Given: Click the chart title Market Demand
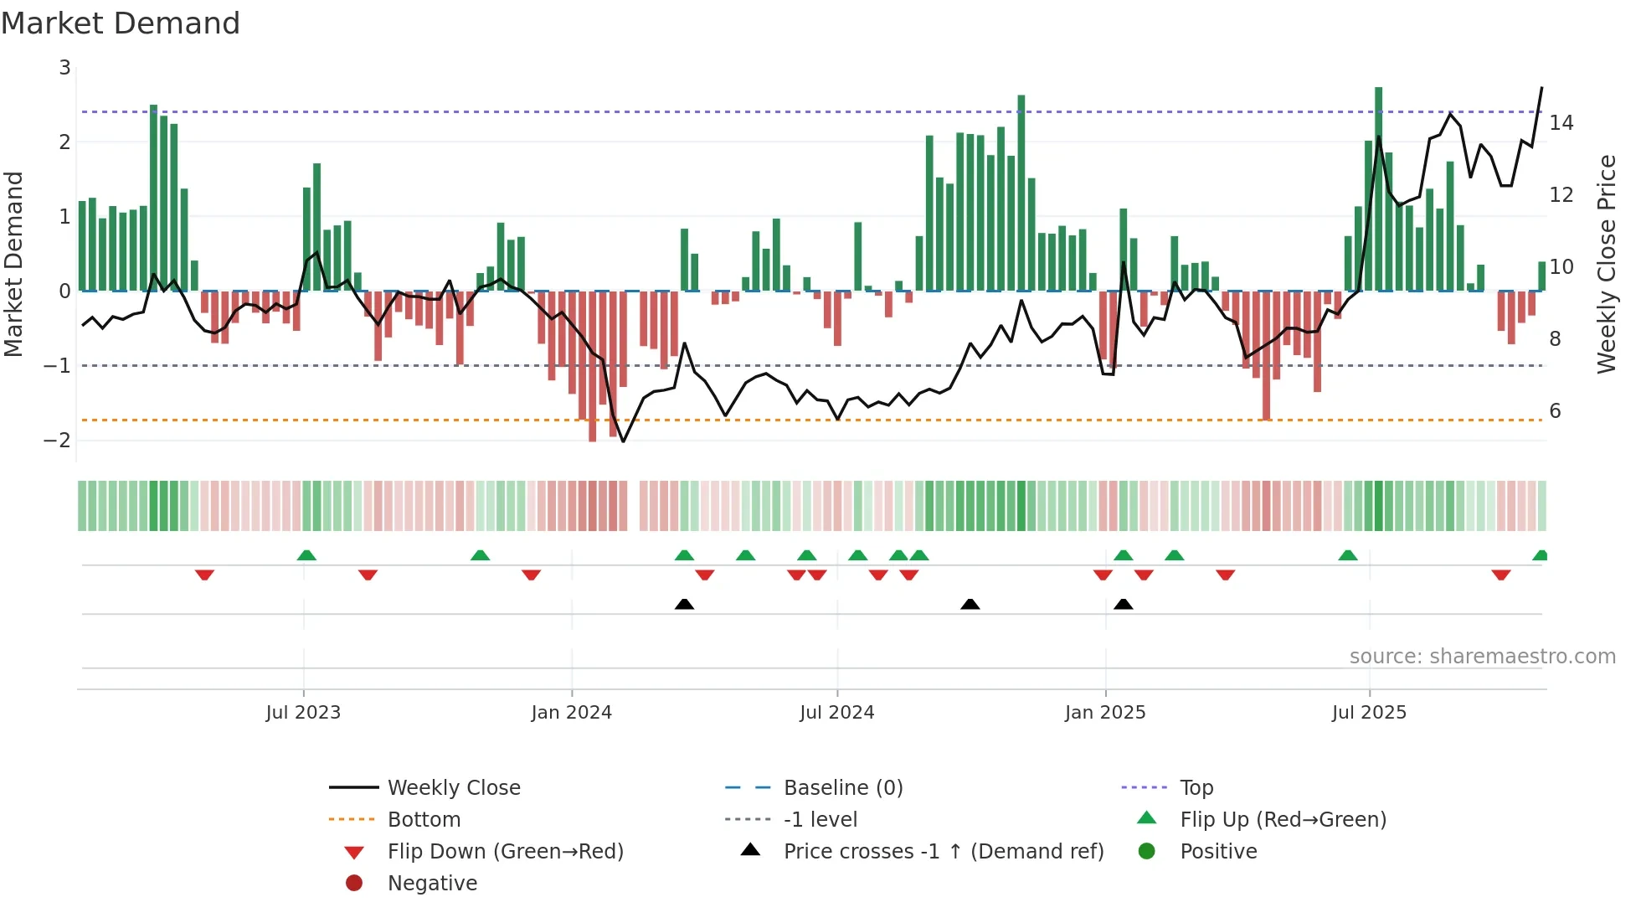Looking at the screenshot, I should click(x=121, y=23).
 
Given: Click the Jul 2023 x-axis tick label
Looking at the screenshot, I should click(x=303, y=713).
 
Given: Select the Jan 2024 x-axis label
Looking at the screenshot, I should click(x=572, y=713).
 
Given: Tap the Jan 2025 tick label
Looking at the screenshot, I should click(x=1105, y=713).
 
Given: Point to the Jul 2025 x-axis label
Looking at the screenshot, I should click(x=1370, y=713).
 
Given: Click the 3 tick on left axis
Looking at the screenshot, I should click(x=64, y=68).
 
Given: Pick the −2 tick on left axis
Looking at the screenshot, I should click(x=58, y=441).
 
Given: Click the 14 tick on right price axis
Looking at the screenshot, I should click(x=1561, y=123).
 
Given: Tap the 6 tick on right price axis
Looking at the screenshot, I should click(x=1555, y=411).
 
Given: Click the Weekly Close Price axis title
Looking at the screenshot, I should click(x=1606, y=264).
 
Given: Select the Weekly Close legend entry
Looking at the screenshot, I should click(x=453, y=788).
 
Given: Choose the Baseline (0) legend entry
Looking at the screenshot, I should click(x=842, y=788).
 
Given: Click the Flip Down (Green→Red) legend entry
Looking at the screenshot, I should click(x=505, y=852).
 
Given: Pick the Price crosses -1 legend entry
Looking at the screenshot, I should click(x=943, y=852).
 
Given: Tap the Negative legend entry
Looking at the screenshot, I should click(x=432, y=884).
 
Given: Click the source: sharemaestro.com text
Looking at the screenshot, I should click(x=1482, y=657).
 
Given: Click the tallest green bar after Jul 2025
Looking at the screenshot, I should click(x=1378, y=188).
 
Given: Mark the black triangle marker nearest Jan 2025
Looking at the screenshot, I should click(x=1124, y=605).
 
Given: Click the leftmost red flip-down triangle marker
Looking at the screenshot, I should click(x=204, y=575).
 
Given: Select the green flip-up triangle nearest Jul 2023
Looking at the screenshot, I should click(x=306, y=555).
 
